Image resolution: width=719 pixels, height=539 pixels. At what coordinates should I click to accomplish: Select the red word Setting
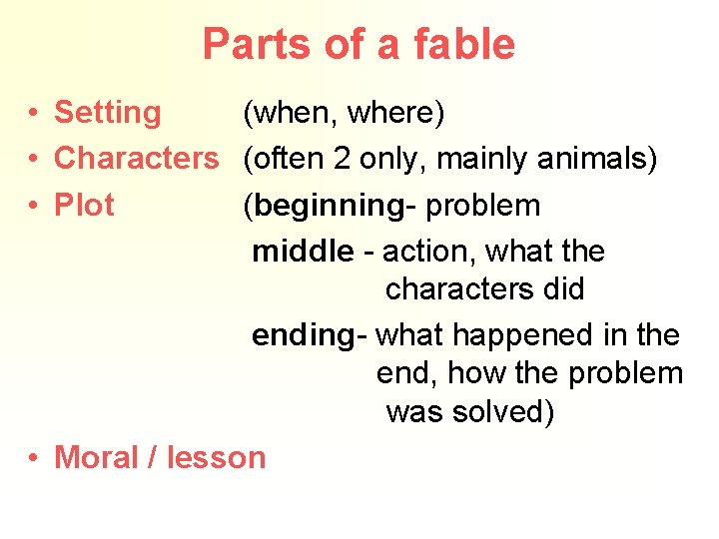107,114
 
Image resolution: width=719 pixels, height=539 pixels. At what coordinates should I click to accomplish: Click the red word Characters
136,158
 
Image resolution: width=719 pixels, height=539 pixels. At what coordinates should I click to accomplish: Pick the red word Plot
84,205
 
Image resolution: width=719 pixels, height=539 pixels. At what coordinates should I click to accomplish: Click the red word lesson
217,457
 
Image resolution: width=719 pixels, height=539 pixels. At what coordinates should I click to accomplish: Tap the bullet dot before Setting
34,114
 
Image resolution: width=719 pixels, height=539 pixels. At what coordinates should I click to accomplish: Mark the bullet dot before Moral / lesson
34,457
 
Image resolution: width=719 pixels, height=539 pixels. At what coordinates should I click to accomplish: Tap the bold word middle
303,252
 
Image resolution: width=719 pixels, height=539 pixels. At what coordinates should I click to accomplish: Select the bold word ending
304,335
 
